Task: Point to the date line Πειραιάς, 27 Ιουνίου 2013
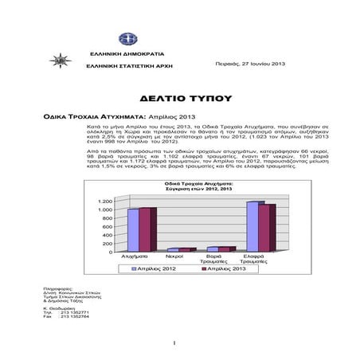(x=250, y=62)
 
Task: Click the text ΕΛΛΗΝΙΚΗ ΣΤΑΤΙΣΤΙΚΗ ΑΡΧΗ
(x=131, y=65)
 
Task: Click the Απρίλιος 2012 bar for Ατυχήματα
(x=132, y=229)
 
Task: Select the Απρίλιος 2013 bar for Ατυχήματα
(x=144, y=229)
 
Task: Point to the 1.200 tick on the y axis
(x=106, y=201)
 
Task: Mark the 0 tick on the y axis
(x=112, y=252)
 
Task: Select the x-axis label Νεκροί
(x=175, y=257)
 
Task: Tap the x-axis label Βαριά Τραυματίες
(x=213, y=260)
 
